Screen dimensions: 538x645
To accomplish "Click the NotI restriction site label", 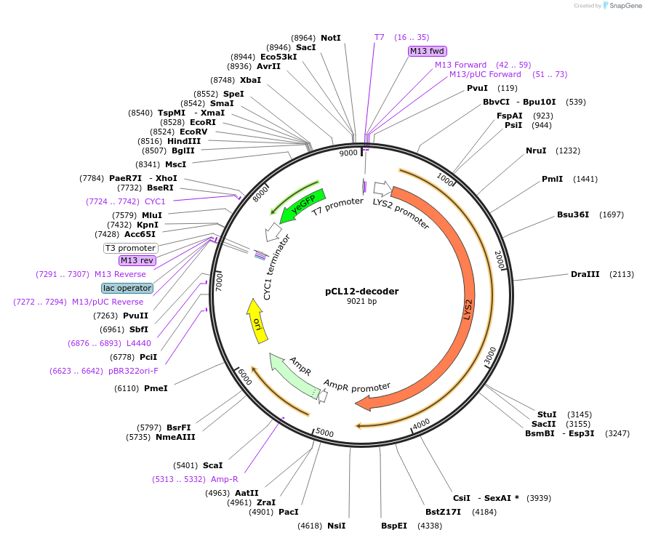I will pos(330,37).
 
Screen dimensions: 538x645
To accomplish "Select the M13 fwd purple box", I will pos(427,51).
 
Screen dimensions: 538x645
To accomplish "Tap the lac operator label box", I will pos(127,288).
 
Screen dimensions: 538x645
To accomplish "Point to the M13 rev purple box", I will pos(137,260).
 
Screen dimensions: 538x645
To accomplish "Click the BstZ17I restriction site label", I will pos(443,512).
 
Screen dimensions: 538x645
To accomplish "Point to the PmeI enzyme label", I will pos(156,388).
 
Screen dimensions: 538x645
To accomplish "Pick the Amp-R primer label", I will pos(224,479).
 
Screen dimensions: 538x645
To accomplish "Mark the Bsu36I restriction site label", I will pos(572,214).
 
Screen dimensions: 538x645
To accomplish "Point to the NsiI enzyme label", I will pos(336,526).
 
